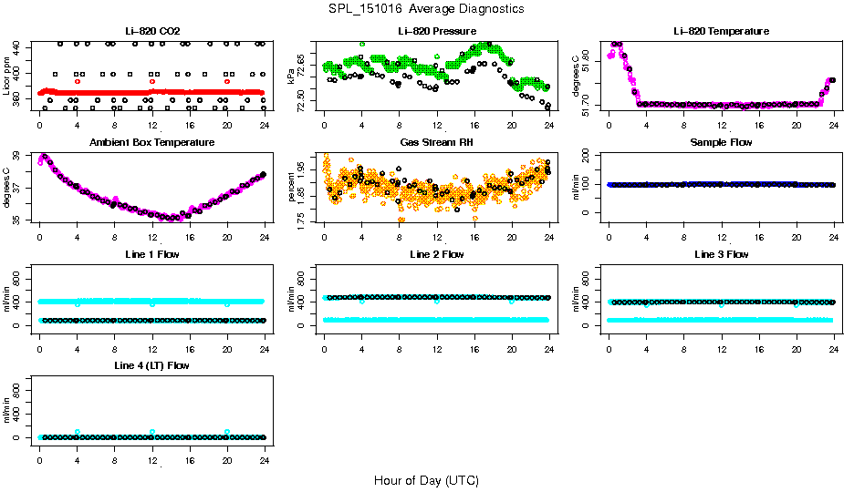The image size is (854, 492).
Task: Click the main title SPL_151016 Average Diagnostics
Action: pyautogui.click(x=427, y=8)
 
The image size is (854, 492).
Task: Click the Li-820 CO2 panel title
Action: pyautogui.click(x=151, y=31)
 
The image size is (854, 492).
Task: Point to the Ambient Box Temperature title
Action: pyautogui.click(x=151, y=142)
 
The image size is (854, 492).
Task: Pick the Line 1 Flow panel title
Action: pyautogui.click(x=151, y=254)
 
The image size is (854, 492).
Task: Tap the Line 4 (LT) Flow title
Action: pyautogui.click(x=151, y=365)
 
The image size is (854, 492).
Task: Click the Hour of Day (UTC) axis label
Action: pyautogui.click(x=426, y=480)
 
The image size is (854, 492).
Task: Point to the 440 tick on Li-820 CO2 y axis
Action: pyautogui.click(x=23, y=45)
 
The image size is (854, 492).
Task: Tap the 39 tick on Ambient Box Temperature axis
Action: pyautogui.click(x=23, y=158)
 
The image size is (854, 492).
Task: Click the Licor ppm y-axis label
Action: pyautogui.click(x=7, y=77)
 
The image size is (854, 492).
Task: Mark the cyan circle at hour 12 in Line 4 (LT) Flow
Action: pyautogui.click(x=152, y=432)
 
